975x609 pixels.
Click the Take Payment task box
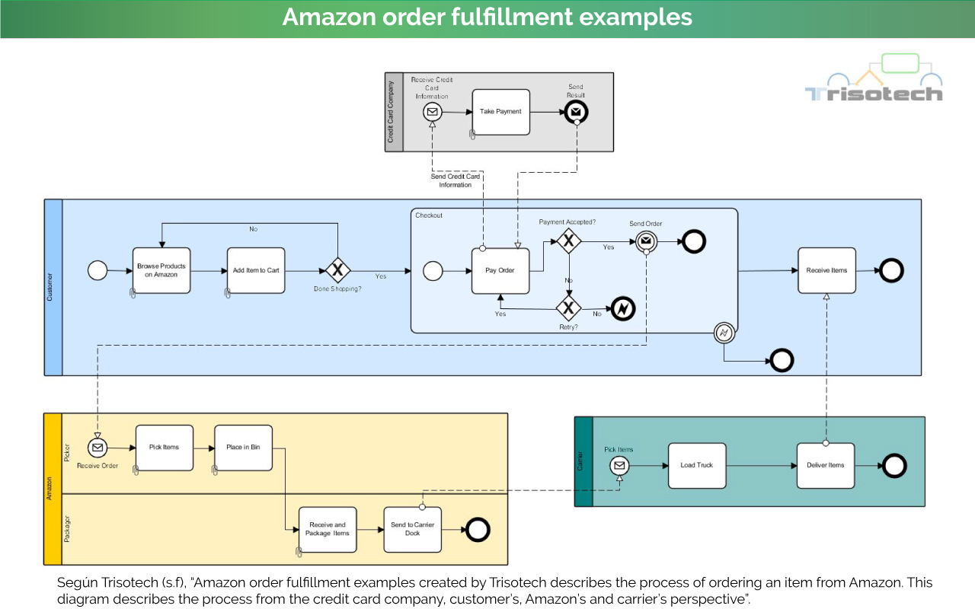(x=500, y=112)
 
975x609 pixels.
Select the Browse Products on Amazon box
(x=161, y=270)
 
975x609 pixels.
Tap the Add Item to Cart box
(x=256, y=270)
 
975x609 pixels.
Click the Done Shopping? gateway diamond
(x=337, y=270)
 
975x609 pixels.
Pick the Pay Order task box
(x=500, y=270)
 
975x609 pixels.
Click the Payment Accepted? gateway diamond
(x=568, y=241)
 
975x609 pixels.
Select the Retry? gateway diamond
(x=568, y=308)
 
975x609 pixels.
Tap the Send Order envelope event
(x=645, y=241)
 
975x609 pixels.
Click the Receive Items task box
(x=826, y=270)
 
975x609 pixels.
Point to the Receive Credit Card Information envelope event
(x=433, y=112)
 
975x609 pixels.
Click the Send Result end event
(x=576, y=112)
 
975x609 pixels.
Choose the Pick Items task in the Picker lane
(x=164, y=448)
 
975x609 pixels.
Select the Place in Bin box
(x=243, y=448)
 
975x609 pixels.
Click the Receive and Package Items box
(x=328, y=529)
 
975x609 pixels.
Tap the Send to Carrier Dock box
(x=412, y=529)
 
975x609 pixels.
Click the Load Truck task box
(x=697, y=465)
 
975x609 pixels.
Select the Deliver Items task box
(x=826, y=465)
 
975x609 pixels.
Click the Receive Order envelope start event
(x=97, y=448)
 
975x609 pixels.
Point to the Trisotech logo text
(x=874, y=94)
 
